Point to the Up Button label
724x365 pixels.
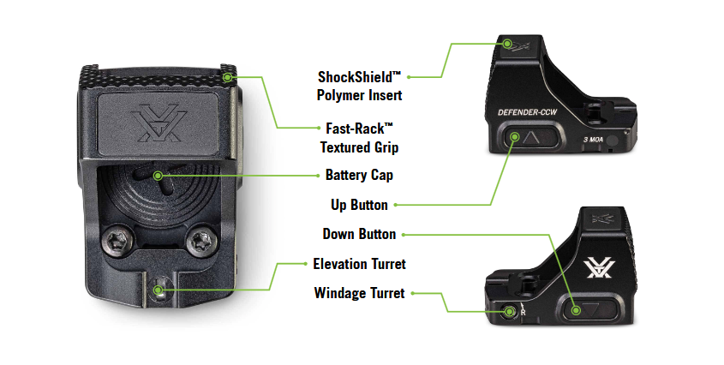tap(359, 206)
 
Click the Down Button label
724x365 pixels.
tap(359, 234)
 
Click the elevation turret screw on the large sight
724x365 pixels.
tap(159, 290)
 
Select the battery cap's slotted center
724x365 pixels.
tap(159, 175)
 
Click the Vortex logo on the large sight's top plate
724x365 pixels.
tap(158, 125)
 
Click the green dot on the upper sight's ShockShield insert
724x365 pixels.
tap(508, 43)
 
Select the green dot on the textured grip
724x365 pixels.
tap(228, 77)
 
